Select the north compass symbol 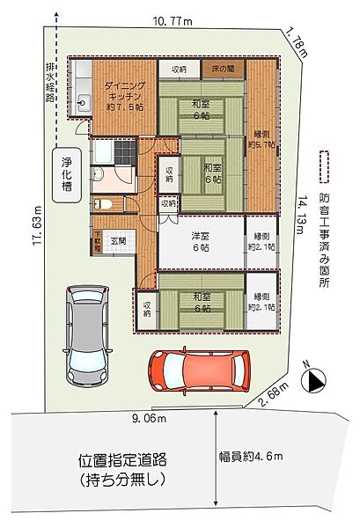(313, 381)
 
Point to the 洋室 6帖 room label (200, 243)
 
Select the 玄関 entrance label (116, 241)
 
